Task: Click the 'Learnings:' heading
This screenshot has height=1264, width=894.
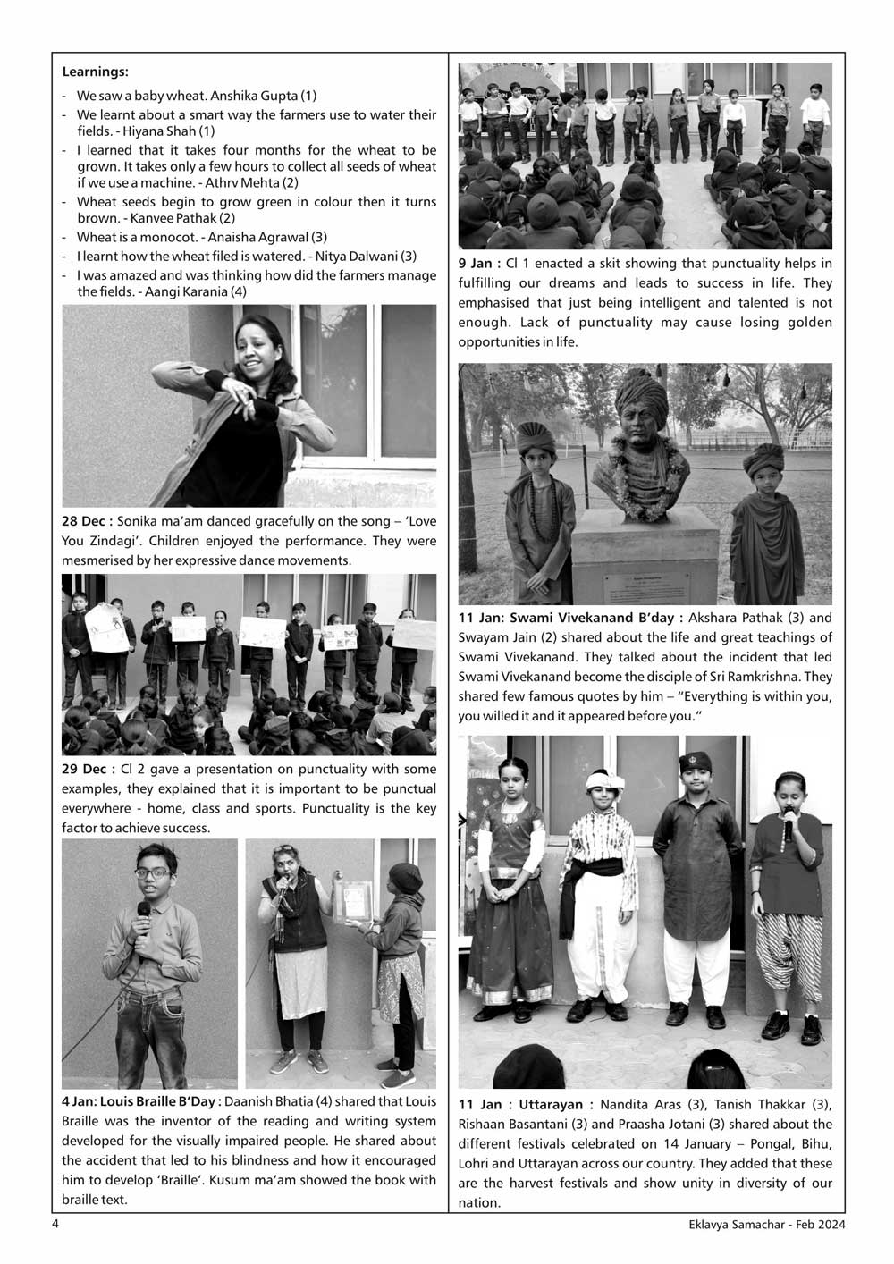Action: [96, 72]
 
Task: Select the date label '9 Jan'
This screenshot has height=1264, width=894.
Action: [477, 264]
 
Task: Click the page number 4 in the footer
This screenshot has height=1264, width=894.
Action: [55, 1225]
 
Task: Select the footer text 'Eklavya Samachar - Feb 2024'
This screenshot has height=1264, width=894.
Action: [761, 1225]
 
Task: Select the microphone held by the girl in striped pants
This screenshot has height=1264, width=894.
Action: [789, 827]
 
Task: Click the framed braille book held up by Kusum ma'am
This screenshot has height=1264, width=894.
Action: [351, 899]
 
